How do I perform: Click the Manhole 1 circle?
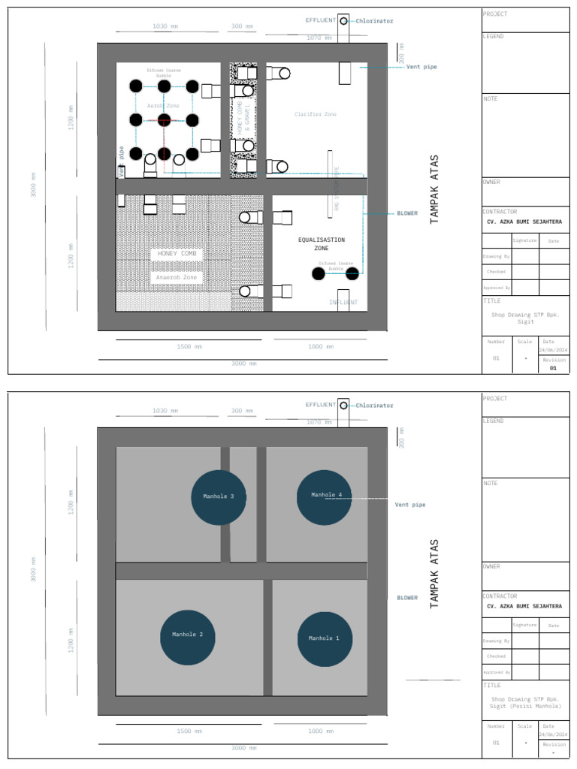pyautogui.click(x=325, y=638)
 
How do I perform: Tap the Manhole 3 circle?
pyautogui.click(x=219, y=497)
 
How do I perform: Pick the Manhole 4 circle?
pyautogui.click(x=325, y=496)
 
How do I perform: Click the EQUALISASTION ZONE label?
pyautogui.click(x=321, y=243)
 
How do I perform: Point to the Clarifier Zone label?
pyautogui.click(x=316, y=114)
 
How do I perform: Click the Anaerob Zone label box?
pyautogui.click(x=177, y=278)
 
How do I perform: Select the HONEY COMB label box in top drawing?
pyautogui.click(x=177, y=254)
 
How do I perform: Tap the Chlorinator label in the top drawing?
pyautogui.click(x=374, y=21)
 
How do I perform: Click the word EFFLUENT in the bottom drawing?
pyautogui.click(x=321, y=405)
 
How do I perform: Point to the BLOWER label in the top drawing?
pyautogui.click(x=407, y=213)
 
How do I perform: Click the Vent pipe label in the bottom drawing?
pyautogui.click(x=410, y=505)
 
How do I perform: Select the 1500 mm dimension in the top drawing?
pyautogui.click(x=189, y=346)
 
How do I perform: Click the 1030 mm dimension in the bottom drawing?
pyautogui.click(x=165, y=411)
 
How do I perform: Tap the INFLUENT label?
pyautogui.click(x=343, y=303)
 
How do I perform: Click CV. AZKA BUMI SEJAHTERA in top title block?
pyautogui.click(x=524, y=222)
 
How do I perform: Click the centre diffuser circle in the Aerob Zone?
pyautogui.click(x=164, y=120)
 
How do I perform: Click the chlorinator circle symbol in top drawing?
pyautogui.click(x=343, y=21)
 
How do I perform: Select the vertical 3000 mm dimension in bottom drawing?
pyautogui.click(x=33, y=569)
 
